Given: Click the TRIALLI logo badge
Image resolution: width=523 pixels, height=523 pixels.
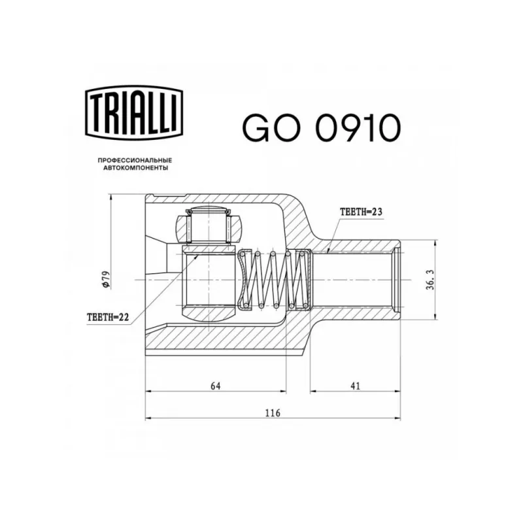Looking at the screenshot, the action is tap(135, 112).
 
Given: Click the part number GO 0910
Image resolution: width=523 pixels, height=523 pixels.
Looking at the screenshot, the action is tap(321, 128).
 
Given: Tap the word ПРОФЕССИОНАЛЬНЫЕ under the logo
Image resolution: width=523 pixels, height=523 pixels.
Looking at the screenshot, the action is tap(135, 161).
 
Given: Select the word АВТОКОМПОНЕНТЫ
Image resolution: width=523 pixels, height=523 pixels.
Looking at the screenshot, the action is tap(135, 168).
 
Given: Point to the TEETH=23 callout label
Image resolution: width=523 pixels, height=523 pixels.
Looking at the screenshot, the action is tap(361, 212).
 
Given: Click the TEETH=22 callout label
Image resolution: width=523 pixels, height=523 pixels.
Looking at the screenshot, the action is tap(108, 317).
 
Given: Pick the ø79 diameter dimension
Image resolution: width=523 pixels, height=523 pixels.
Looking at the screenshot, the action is tap(106, 280).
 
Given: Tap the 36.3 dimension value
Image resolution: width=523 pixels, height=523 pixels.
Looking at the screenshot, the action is tap(430, 280).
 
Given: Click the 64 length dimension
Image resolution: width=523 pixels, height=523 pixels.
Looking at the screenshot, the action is tap(216, 386).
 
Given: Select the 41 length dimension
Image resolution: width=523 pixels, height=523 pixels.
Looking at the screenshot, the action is tap(356, 386).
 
